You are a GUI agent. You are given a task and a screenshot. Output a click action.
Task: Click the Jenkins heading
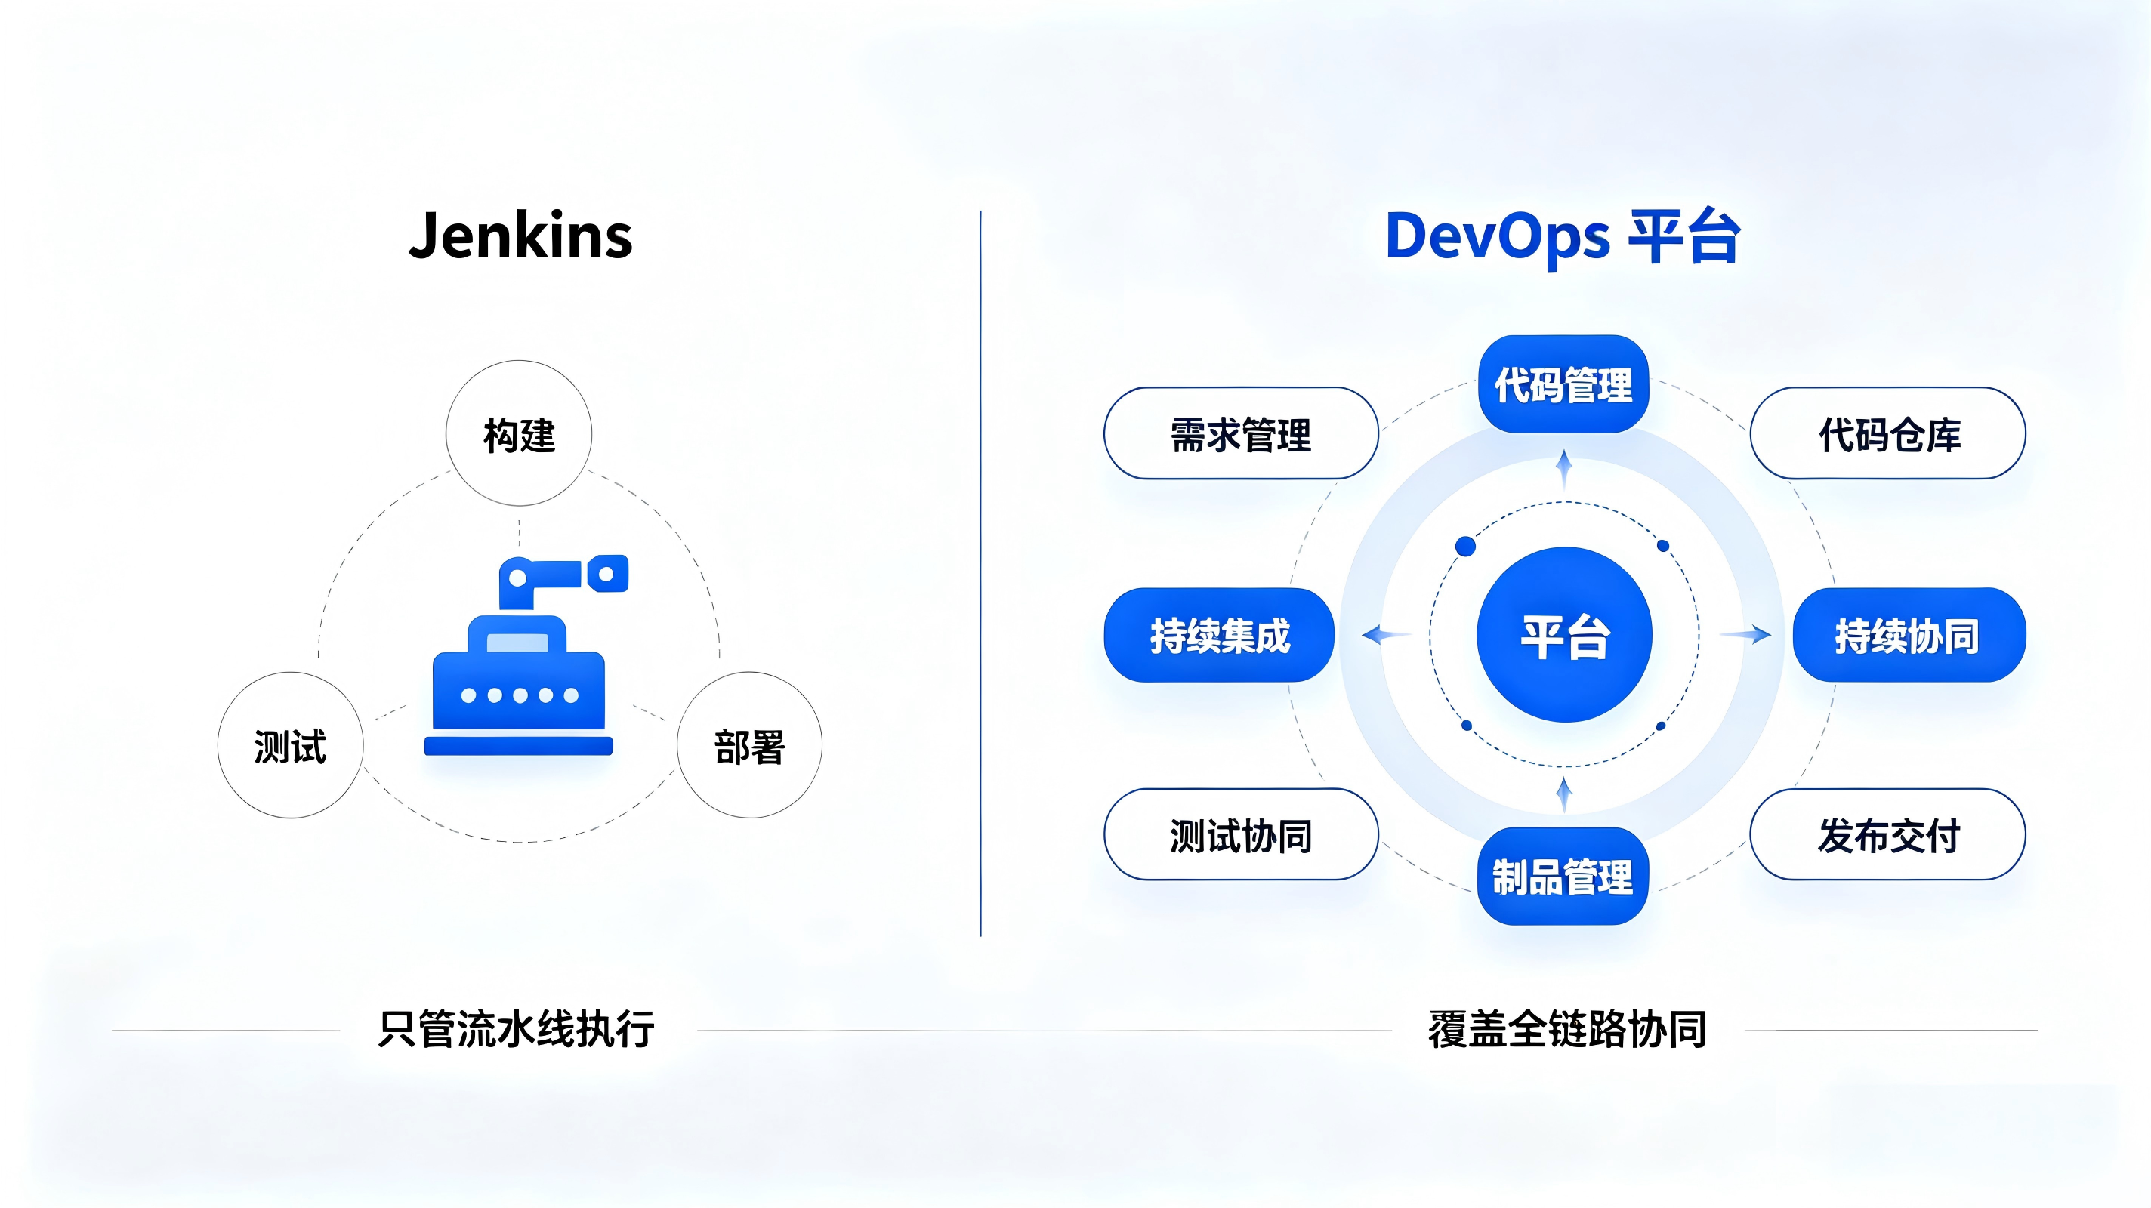[x=520, y=236]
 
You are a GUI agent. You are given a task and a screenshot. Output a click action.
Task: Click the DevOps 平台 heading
[x=1563, y=237]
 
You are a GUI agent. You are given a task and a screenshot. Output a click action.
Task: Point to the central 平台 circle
[x=1564, y=634]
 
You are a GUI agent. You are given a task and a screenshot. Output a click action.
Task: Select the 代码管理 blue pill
[x=1563, y=384]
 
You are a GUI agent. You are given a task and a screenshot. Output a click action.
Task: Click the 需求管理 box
[x=1241, y=433]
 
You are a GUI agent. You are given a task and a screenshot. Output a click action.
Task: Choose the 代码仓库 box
[x=1888, y=433]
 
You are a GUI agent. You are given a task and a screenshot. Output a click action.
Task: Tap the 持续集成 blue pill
[x=1219, y=635]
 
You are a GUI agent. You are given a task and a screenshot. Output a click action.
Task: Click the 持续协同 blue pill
[x=1909, y=635]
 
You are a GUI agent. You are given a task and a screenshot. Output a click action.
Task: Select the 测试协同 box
[x=1241, y=834]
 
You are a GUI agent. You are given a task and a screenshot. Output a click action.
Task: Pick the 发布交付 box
[x=1888, y=834]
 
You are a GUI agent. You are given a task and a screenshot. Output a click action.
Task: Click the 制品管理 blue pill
[x=1563, y=876]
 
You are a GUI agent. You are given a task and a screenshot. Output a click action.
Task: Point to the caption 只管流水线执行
[x=516, y=1028]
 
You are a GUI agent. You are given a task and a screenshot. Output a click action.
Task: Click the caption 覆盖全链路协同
[x=1566, y=1028]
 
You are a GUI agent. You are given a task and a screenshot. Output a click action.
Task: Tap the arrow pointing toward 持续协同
[x=1745, y=634]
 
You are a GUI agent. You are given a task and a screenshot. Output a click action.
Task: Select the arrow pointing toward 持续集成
[x=1386, y=634]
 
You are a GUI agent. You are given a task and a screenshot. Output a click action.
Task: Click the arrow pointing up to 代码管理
[x=1564, y=469]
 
